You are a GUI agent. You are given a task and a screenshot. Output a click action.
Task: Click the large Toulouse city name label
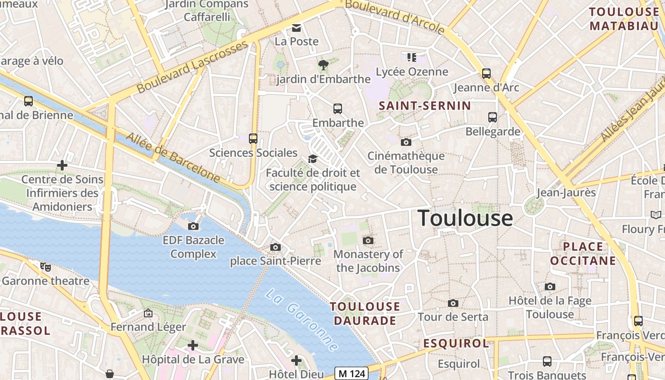click(465, 218)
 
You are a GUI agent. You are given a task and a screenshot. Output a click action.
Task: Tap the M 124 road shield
click(352, 373)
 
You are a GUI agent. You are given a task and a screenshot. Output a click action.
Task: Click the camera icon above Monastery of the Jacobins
click(368, 241)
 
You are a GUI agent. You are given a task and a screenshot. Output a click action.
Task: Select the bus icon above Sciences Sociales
click(253, 139)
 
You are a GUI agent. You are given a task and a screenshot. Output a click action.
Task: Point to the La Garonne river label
click(301, 320)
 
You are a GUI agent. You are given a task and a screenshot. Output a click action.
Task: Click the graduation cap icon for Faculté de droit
click(313, 159)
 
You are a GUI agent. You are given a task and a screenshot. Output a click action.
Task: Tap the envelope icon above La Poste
click(296, 28)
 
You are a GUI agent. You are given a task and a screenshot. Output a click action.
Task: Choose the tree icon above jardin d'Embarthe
click(323, 65)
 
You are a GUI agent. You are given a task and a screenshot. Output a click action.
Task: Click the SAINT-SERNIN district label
click(425, 105)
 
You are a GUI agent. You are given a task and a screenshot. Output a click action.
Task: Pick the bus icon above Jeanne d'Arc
click(486, 74)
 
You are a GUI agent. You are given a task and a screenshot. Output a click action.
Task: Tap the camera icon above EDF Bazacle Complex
click(193, 227)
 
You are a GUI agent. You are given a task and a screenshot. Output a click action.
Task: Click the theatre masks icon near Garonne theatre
click(46, 267)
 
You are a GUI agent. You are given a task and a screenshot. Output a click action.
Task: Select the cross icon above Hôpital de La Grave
click(193, 345)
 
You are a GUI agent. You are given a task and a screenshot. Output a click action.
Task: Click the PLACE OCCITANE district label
click(583, 254)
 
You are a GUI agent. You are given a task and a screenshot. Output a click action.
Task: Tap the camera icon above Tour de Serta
click(453, 303)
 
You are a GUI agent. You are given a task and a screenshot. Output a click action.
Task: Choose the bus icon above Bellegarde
click(493, 117)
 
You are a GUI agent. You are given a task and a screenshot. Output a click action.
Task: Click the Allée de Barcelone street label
click(173, 158)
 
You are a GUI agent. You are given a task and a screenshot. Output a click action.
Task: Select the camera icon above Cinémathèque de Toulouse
click(406, 142)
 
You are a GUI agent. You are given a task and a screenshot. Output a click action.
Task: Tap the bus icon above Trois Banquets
click(547, 361)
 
